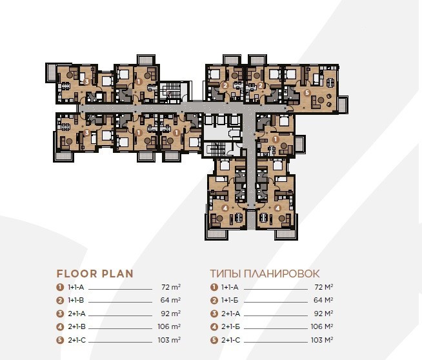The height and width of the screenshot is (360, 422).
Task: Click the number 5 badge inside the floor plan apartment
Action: point(307,93)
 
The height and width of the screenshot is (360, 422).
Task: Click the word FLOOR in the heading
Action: point(77,274)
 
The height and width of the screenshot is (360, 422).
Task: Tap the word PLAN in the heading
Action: point(117,274)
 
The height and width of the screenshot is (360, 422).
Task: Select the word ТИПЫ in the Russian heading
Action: point(225,274)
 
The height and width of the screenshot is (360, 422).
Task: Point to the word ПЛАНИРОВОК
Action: point(282,274)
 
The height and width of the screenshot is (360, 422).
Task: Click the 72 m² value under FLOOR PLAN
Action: point(171,287)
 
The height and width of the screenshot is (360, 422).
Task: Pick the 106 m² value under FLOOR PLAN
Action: point(169,326)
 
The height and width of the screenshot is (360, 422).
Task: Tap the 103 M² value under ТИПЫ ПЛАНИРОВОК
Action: point(322,340)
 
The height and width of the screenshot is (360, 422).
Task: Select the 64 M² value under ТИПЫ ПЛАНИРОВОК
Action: point(323,300)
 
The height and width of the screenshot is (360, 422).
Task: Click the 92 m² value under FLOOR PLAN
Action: point(171,314)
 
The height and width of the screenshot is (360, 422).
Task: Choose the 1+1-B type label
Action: point(77,300)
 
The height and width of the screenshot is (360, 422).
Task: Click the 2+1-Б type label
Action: point(230,326)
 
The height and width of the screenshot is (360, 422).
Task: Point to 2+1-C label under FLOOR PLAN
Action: point(77,340)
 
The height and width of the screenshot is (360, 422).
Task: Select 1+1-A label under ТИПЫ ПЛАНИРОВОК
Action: point(230,287)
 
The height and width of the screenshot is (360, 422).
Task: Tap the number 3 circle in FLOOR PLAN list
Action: point(60,314)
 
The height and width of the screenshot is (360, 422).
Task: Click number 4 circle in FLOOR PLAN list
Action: point(60,327)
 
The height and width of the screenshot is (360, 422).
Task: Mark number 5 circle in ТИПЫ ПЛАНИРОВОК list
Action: point(214,340)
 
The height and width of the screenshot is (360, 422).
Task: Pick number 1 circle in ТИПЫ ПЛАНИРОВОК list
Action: point(214,287)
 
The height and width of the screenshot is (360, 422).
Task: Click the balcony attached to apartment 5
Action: point(343,105)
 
